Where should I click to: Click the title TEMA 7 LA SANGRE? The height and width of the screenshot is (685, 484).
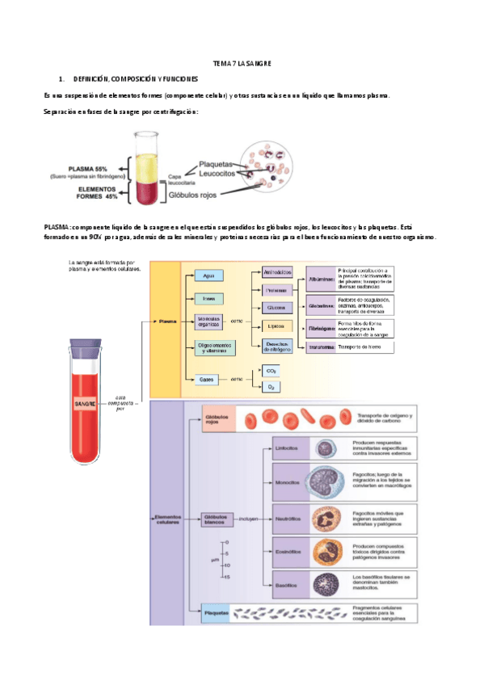point(242,62)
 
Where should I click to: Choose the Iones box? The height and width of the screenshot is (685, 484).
point(208,298)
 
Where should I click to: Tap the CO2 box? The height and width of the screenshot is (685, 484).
point(271,371)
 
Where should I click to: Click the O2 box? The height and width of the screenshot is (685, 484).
point(271,388)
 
